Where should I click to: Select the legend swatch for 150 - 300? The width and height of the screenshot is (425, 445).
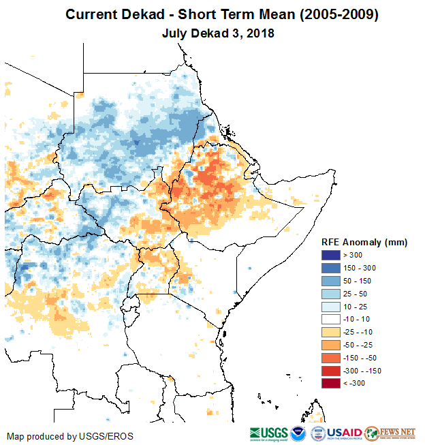tap(332, 268)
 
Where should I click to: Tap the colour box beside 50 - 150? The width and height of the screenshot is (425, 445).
tap(332, 280)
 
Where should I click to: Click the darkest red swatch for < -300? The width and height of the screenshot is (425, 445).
tap(332, 383)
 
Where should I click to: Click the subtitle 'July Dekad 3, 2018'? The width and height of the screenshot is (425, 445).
tap(218, 33)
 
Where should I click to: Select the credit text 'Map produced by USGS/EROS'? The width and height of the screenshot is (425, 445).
tap(70, 436)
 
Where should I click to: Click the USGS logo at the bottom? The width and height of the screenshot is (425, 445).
tap(268, 433)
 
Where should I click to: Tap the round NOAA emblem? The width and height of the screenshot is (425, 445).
tap(298, 433)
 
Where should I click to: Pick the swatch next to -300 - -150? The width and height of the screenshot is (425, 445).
tap(332, 370)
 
